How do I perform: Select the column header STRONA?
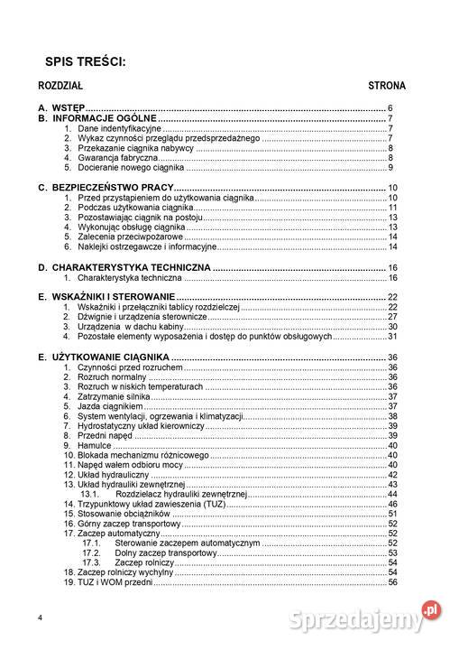coord(387,87)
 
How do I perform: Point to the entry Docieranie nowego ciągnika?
coord(131,168)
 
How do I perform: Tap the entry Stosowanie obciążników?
coord(123,514)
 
